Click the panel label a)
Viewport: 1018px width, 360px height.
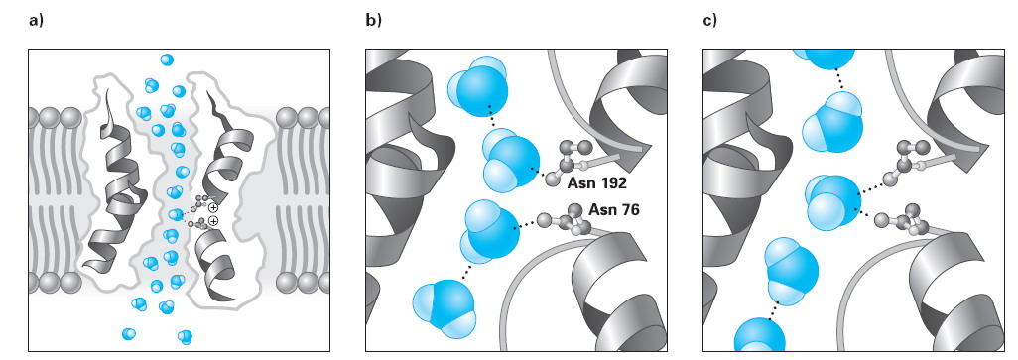(x=35, y=20)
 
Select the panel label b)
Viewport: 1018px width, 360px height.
(x=373, y=20)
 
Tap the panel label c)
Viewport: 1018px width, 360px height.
(x=710, y=20)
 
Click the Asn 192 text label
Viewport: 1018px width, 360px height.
(x=596, y=183)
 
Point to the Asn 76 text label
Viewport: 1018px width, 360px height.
(x=613, y=209)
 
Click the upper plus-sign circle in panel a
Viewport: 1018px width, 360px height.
(x=213, y=207)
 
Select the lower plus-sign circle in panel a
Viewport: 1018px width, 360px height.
(x=213, y=221)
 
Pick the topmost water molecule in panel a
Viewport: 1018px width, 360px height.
(x=167, y=60)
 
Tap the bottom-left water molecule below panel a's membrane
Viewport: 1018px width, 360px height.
(x=129, y=334)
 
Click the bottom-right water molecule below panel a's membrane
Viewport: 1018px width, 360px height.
(x=185, y=336)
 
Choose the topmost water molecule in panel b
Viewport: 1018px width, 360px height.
(x=478, y=86)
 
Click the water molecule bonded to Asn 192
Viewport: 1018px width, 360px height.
(x=510, y=159)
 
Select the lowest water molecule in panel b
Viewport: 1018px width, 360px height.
(x=445, y=308)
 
